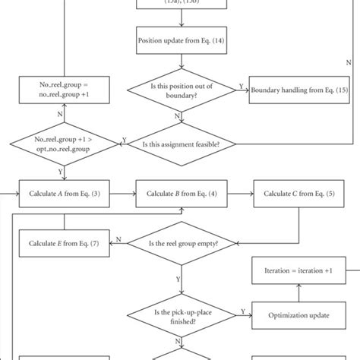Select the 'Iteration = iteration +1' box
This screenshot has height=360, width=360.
(x=298, y=268)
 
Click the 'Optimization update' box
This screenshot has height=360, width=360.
(x=298, y=313)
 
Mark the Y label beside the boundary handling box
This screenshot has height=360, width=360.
(x=241, y=87)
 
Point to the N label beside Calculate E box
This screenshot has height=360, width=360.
(x=118, y=241)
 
